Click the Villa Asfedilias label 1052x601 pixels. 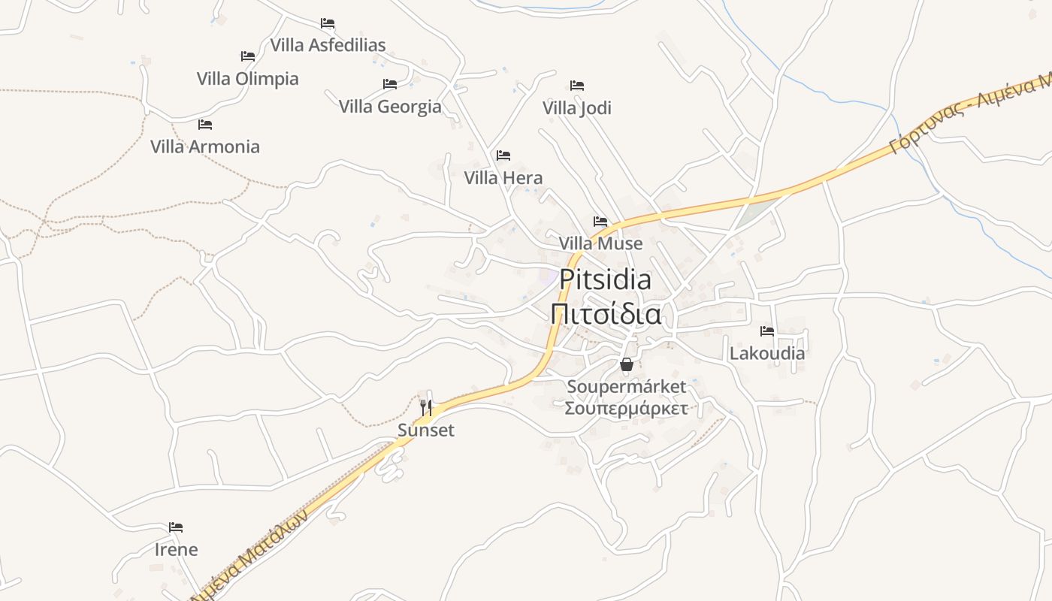[x=328, y=45]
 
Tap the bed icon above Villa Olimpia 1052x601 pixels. [x=247, y=56]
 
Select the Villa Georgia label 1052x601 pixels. [x=390, y=107]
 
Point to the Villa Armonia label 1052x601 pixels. [x=205, y=146]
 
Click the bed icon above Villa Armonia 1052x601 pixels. [x=204, y=124]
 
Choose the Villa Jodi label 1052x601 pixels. [x=577, y=108]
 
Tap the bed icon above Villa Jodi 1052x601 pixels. [x=576, y=85]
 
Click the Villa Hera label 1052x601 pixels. [x=503, y=178]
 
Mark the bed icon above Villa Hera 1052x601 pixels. [x=503, y=156]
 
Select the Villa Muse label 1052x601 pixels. [x=600, y=243]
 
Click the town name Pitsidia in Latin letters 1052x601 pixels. [x=606, y=280]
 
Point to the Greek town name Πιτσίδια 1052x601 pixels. [x=606, y=314]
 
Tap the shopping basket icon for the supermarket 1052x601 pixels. [x=627, y=364]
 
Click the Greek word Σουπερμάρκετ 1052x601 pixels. [x=626, y=409]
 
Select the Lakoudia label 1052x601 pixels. [x=766, y=353]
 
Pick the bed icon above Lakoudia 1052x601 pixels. [x=766, y=331]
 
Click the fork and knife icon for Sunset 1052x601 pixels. [x=426, y=408]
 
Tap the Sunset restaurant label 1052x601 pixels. [x=426, y=430]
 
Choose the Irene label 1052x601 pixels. [x=177, y=550]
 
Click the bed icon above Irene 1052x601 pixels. [x=176, y=527]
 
